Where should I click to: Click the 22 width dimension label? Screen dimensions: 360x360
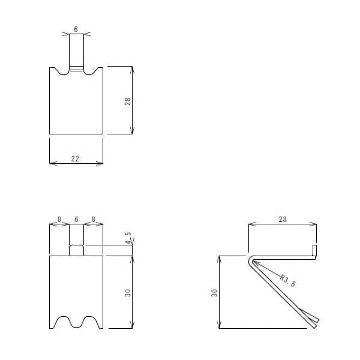(76, 158)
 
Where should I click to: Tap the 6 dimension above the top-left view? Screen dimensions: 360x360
(76, 29)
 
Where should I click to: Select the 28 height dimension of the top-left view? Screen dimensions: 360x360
(128, 101)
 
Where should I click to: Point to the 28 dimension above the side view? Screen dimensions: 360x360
(283, 220)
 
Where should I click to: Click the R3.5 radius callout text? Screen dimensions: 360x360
(288, 281)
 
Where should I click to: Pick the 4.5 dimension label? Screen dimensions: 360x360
(128, 238)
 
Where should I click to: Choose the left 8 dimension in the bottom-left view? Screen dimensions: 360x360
(59, 220)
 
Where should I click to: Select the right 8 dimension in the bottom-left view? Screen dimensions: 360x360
(93, 220)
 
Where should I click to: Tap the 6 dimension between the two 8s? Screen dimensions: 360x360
(76, 220)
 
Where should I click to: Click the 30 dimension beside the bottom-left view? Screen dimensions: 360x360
(128, 292)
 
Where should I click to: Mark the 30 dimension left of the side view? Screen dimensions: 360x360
(214, 292)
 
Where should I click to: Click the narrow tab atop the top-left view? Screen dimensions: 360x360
(76, 51)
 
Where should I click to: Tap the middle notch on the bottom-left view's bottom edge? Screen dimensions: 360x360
(76, 322)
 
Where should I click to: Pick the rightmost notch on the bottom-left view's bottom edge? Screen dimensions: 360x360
(92, 322)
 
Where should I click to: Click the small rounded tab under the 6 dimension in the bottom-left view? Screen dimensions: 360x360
(76, 250)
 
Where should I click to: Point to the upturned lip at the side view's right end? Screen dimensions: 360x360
(314, 250)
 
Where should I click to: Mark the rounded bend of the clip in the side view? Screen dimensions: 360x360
(249, 260)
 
